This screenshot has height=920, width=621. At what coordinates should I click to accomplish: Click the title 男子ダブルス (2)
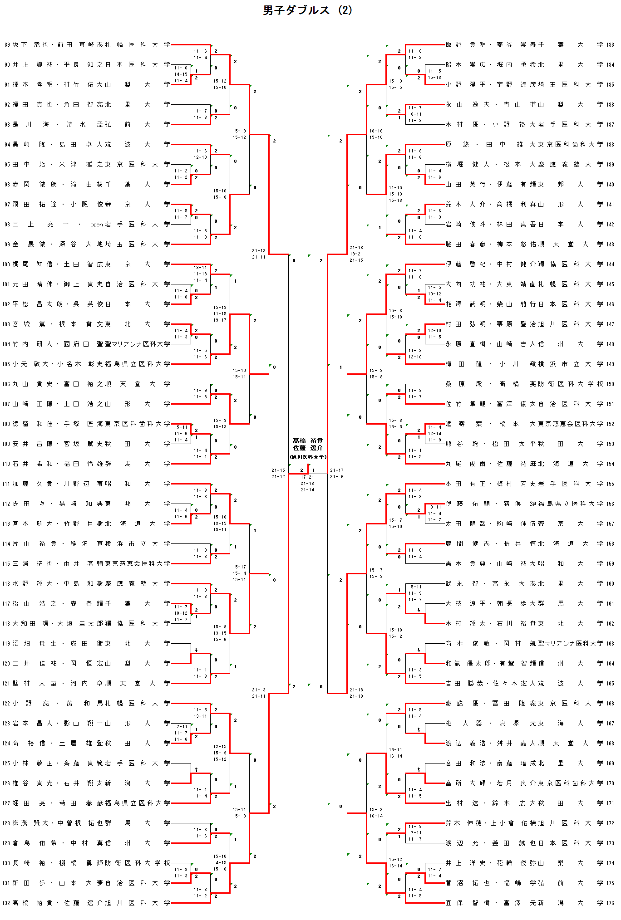[307, 10]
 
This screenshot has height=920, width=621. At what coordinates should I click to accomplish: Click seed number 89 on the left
[7, 45]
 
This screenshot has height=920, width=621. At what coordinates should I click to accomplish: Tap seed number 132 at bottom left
[6, 903]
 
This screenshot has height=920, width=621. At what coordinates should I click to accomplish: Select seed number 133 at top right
[610, 45]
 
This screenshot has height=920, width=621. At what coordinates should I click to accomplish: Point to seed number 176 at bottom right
[610, 903]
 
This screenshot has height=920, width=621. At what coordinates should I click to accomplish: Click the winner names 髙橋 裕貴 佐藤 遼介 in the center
[308, 444]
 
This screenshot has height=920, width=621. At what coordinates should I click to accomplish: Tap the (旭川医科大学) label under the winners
[308, 457]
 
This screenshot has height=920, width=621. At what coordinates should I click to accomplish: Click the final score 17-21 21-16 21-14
[307, 484]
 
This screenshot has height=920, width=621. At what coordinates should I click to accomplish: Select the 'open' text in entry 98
[97, 225]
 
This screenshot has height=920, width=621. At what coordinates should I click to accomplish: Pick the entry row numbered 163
[529, 643]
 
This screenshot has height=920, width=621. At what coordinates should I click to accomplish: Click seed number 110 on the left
[6, 464]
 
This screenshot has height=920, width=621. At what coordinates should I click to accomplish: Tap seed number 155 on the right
[610, 484]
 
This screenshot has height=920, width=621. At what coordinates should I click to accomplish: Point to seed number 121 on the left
[6, 684]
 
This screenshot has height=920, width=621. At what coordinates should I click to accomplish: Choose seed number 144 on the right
[610, 264]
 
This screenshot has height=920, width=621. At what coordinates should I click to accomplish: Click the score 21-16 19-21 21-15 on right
[356, 254]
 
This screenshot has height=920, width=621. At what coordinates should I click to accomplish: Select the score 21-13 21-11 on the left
[259, 254]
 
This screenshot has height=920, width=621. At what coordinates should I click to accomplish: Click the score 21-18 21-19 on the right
[356, 693]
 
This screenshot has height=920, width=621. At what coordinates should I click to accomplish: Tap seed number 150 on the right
[610, 384]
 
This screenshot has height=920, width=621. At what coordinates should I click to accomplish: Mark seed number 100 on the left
[6, 264]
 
